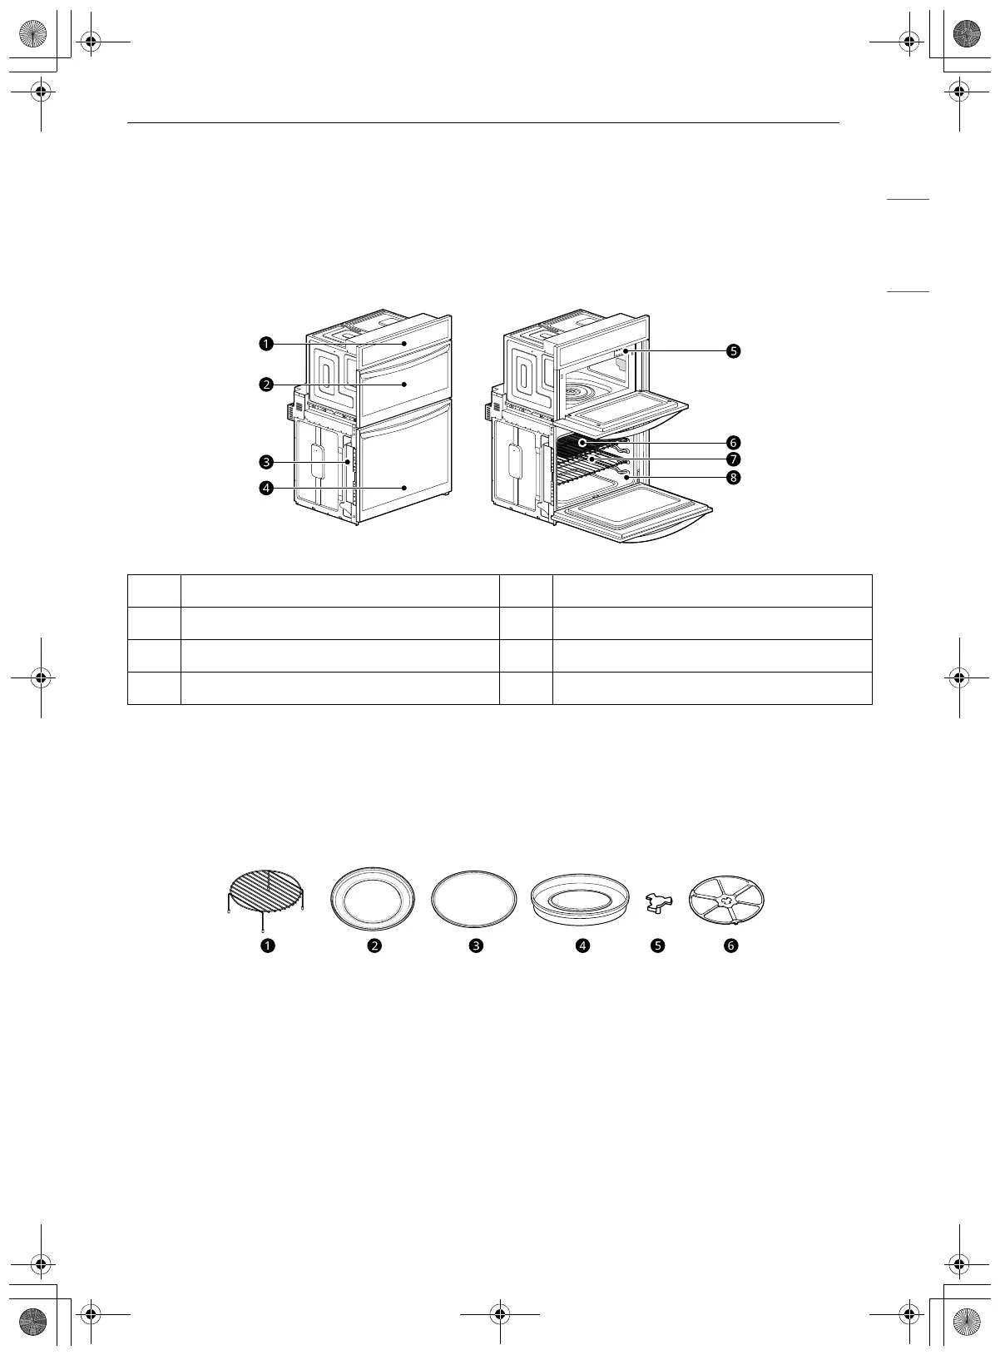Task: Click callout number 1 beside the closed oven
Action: pos(266,344)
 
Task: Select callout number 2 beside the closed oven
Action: pos(266,385)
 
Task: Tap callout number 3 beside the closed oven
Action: pos(266,463)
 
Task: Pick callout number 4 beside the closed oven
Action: pos(266,488)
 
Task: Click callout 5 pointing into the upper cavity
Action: pos(734,351)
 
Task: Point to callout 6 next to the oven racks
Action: pos(734,442)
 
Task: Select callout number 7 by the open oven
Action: pos(734,459)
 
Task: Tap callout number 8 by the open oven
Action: pos(734,478)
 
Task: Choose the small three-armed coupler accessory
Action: pos(659,903)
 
